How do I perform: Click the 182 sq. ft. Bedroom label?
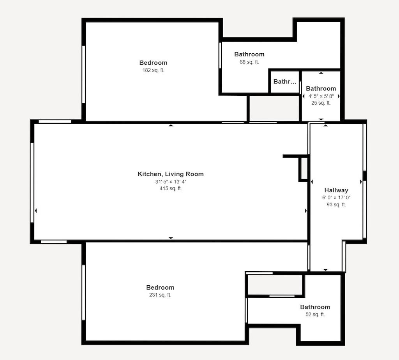[x=153, y=63]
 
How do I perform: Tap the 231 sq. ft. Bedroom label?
[x=160, y=288]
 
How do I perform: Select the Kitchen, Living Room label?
[x=171, y=174]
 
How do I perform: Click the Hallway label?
[x=336, y=190]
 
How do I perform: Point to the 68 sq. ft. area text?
[x=249, y=62]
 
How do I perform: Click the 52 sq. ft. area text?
[x=315, y=314]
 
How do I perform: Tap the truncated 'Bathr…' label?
[x=285, y=82]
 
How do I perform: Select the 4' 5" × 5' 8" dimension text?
[x=321, y=96]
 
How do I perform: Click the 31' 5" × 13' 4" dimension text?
[x=171, y=181]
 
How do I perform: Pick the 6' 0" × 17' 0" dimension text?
[x=336, y=197]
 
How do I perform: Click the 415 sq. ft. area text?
[x=171, y=188]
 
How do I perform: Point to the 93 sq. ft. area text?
[x=336, y=204]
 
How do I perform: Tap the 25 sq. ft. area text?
[x=321, y=103]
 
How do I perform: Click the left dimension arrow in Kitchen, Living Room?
[x=36, y=211]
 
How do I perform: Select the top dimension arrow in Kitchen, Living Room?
[x=171, y=125]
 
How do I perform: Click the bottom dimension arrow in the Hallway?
[x=326, y=270]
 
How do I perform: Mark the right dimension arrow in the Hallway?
[x=361, y=182]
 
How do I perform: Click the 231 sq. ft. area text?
[x=160, y=295]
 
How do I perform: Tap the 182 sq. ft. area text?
[x=153, y=70]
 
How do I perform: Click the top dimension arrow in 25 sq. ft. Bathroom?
[x=321, y=73]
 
